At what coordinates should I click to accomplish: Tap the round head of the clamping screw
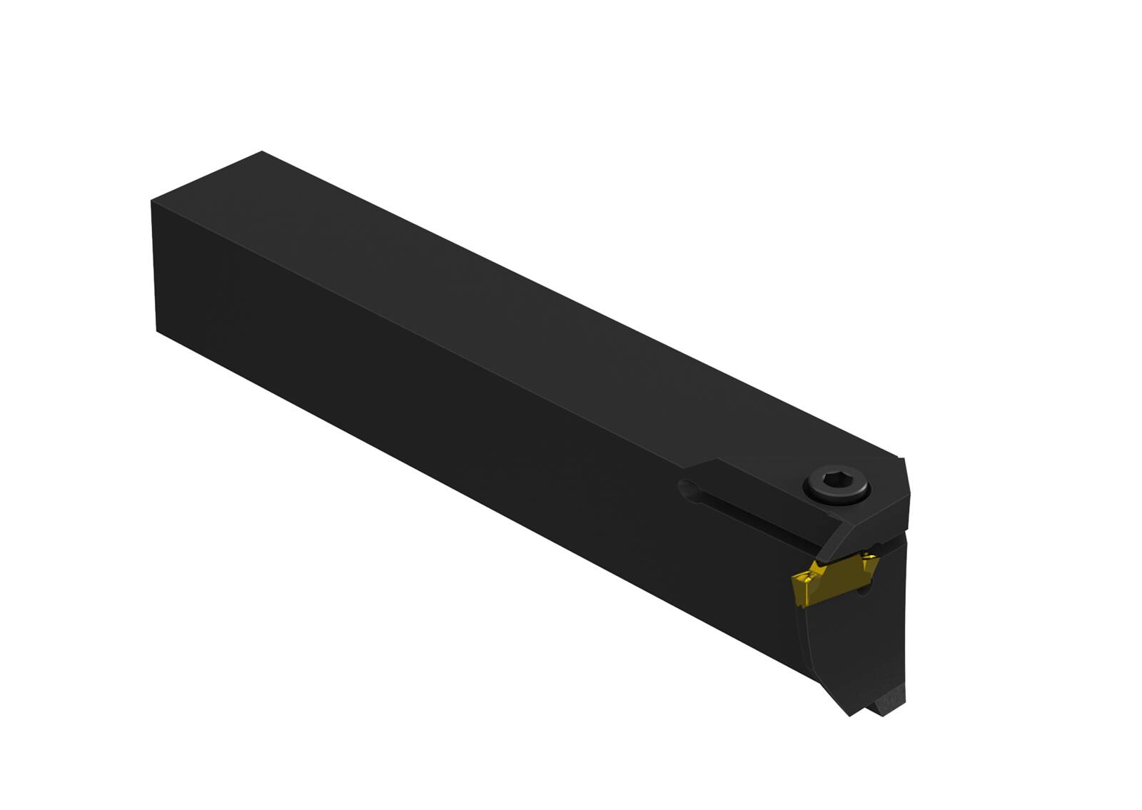(x=837, y=487)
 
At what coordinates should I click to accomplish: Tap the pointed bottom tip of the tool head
(x=849, y=713)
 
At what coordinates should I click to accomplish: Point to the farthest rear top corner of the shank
(x=263, y=152)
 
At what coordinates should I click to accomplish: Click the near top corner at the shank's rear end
(x=152, y=202)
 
